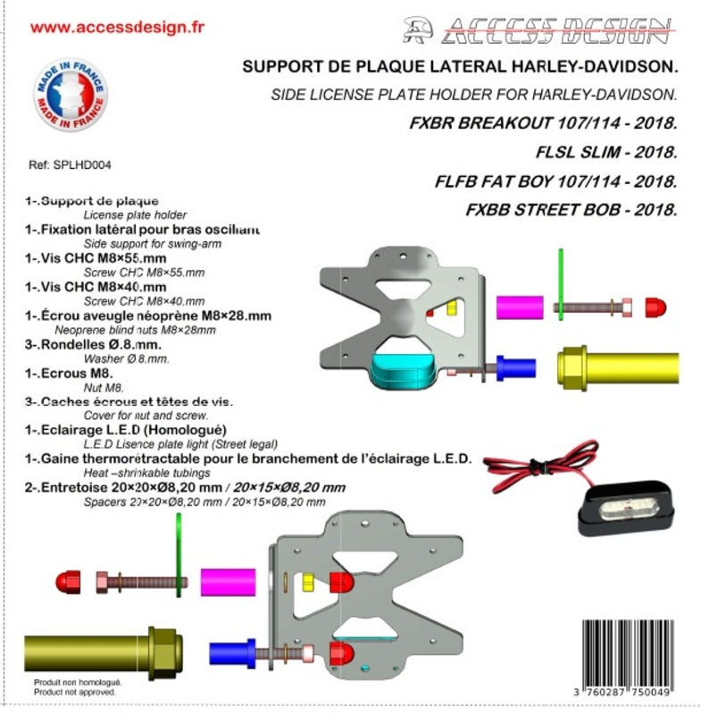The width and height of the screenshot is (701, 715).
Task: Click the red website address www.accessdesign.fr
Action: pos(117,27)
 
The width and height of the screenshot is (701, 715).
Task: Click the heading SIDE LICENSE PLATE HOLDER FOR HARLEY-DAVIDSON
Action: pos(474,94)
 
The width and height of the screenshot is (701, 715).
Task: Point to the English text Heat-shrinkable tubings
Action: pos(146,472)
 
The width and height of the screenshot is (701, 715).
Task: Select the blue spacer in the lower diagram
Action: pos(233,652)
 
